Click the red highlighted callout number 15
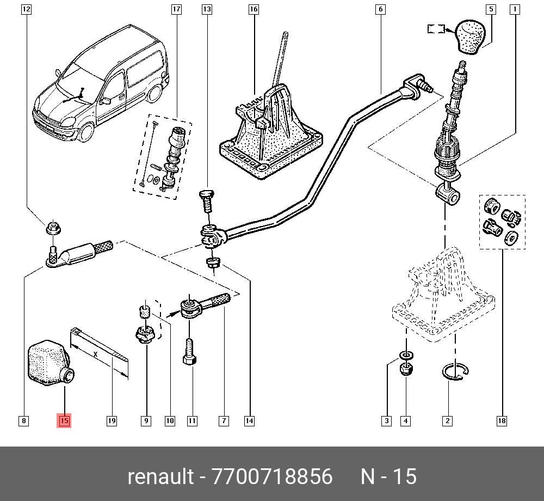[64, 420]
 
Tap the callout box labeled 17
[176, 9]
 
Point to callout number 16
[254, 9]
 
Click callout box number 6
[380, 9]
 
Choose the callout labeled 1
[515, 9]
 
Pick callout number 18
[502, 420]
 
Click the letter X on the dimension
[96, 354]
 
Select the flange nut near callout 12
[53, 228]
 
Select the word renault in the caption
[160, 477]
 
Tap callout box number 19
[112, 420]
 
